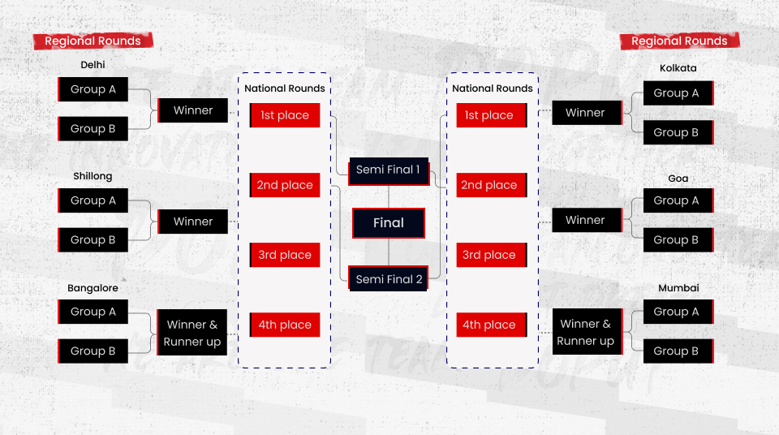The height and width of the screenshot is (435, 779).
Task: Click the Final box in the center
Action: (x=389, y=223)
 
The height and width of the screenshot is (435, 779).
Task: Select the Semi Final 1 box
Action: (x=388, y=170)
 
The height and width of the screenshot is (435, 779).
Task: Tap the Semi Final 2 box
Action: (x=389, y=279)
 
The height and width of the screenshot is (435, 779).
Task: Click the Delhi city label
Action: (x=93, y=65)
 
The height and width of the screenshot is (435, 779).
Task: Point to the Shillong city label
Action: (x=93, y=176)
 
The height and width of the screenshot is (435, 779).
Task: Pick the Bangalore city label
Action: (x=93, y=288)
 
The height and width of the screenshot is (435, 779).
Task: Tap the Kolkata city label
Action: (x=678, y=68)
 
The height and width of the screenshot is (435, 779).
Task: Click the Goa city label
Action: (x=678, y=179)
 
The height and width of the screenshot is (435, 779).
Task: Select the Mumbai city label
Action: (x=678, y=288)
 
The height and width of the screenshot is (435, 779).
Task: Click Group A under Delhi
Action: (x=93, y=89)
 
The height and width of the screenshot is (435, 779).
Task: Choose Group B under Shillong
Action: (x=93, y=240)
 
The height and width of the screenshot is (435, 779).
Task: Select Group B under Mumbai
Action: (x=677, y=351)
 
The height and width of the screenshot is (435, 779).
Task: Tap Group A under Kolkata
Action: (x=677, y=93)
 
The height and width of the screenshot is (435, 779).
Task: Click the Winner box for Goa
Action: (x=586, y=220)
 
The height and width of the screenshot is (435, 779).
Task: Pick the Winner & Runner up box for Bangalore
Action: (x=192, y=333)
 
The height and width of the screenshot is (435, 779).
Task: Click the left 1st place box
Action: (x=285, y=115)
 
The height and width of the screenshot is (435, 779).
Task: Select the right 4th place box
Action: (x=490, y=325)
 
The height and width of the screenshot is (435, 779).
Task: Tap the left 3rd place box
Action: (x=285, y=255)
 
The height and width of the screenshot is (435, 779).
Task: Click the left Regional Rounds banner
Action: (x=93, y=41)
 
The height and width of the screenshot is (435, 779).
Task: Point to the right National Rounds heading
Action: (x=493, y=88)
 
